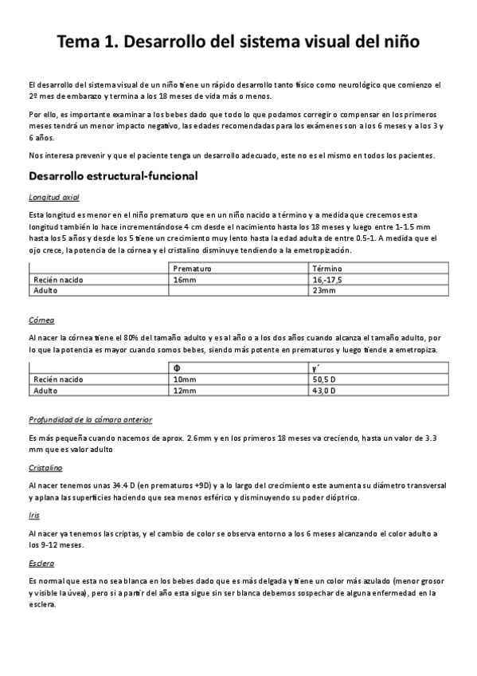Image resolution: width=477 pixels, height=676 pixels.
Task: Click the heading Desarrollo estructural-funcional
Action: coord(112,175)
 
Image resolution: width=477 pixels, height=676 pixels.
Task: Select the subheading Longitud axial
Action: coord(53,196)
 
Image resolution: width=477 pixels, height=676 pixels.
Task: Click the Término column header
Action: coord(328,269)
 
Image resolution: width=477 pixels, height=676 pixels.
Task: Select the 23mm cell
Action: coord(324,290)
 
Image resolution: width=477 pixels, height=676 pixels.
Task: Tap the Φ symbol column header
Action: coord(177,369)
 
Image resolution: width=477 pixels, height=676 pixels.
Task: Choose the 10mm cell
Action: coord(184,379)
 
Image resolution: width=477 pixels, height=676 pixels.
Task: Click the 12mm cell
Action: coord(184,391)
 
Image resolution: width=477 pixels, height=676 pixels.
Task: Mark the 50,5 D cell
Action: coord(325,379)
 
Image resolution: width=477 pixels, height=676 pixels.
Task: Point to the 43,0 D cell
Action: coord(325,391)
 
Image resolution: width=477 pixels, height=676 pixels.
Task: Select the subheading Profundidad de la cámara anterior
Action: coord(90,419)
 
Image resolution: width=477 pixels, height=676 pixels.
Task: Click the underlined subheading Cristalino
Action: coord(45,469)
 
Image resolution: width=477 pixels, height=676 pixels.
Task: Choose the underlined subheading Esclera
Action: coord(41,563)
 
